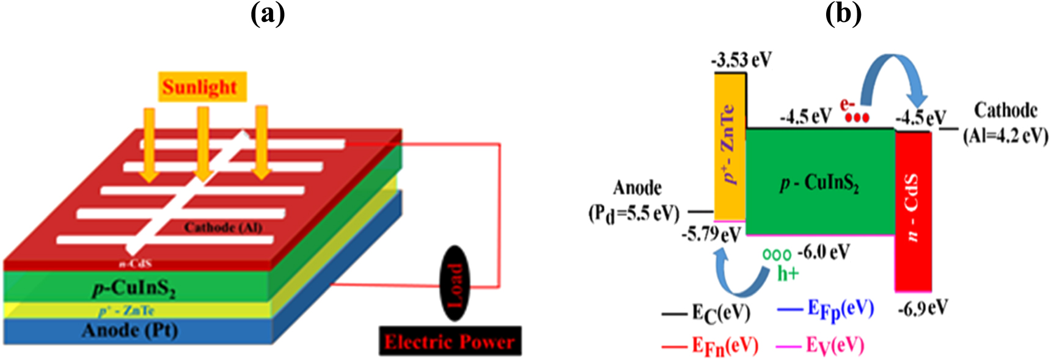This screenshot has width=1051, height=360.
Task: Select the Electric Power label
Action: click(x=450, y=341)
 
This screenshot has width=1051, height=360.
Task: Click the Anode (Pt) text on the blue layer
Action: click(x=130, y=331)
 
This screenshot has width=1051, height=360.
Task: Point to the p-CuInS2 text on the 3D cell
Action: click(x=134, y=288)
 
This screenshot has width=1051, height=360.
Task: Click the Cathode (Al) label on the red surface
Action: click(x=223, y=227)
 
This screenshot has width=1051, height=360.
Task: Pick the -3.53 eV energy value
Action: click(x=741, y=60)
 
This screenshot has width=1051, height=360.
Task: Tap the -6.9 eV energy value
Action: click(x=923, y=307)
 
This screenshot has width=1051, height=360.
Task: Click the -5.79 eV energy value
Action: click(x=711, y=234)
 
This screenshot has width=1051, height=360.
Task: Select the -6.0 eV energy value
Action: click(x=824, y=251)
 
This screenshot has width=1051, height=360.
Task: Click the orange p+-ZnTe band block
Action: click(x=730, y=147)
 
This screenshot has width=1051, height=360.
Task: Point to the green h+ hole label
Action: click(x=788, y=273)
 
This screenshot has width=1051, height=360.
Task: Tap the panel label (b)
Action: click(x=843, y=13)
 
